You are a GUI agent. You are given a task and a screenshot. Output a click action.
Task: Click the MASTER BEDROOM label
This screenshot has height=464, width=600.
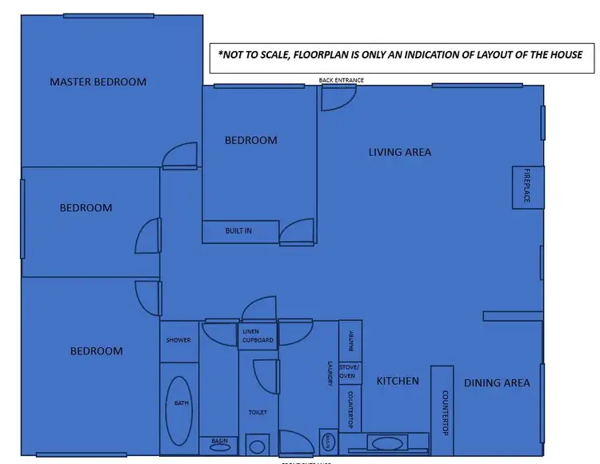(x=98, y=82)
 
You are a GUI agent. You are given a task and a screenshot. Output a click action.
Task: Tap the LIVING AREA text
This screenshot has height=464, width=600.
(x=399, y=152)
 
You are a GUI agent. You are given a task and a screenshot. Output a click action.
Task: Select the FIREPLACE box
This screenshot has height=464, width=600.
(x=527, y=186)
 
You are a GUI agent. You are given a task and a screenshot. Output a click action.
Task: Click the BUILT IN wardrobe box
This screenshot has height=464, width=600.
(x=240, y=231)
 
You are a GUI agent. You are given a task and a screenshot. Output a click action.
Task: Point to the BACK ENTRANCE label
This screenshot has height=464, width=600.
(x=342, y=80)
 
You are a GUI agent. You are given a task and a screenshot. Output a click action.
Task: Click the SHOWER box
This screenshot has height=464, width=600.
(x=178, y=341)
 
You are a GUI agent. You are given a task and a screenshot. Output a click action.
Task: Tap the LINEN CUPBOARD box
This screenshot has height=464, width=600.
(x=258, y=336)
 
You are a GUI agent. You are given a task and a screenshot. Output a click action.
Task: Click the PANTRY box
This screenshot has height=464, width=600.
(x=350, y=341)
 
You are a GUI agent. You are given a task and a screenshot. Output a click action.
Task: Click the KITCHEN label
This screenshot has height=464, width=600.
(x=398, y=382)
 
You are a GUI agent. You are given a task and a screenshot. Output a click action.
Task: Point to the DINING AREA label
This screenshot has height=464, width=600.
(x=497, y=383)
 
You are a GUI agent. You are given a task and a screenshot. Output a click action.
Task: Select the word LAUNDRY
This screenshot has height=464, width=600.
(x=329, y=374)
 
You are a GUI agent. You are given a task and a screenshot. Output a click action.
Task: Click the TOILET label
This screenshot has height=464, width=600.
(x=258, y=413)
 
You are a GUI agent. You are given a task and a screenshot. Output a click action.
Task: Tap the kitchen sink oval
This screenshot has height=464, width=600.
(x=388, y=442)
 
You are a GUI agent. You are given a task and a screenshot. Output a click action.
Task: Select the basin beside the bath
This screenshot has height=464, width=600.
(x=218, y=446)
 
